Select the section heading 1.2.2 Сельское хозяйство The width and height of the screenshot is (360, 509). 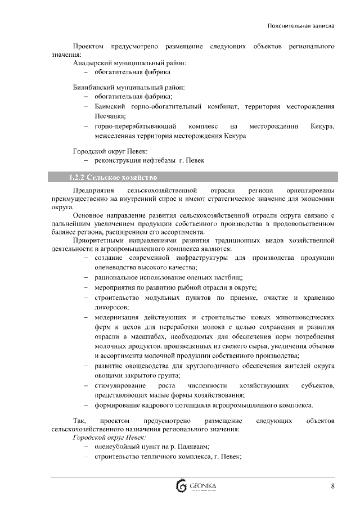point(112,178)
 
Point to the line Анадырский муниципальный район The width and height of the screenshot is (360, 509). point(129,64)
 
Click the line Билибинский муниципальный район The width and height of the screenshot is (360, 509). point(129,88)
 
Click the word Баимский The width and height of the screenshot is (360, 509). point(110,106)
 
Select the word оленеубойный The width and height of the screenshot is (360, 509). point(118,447)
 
